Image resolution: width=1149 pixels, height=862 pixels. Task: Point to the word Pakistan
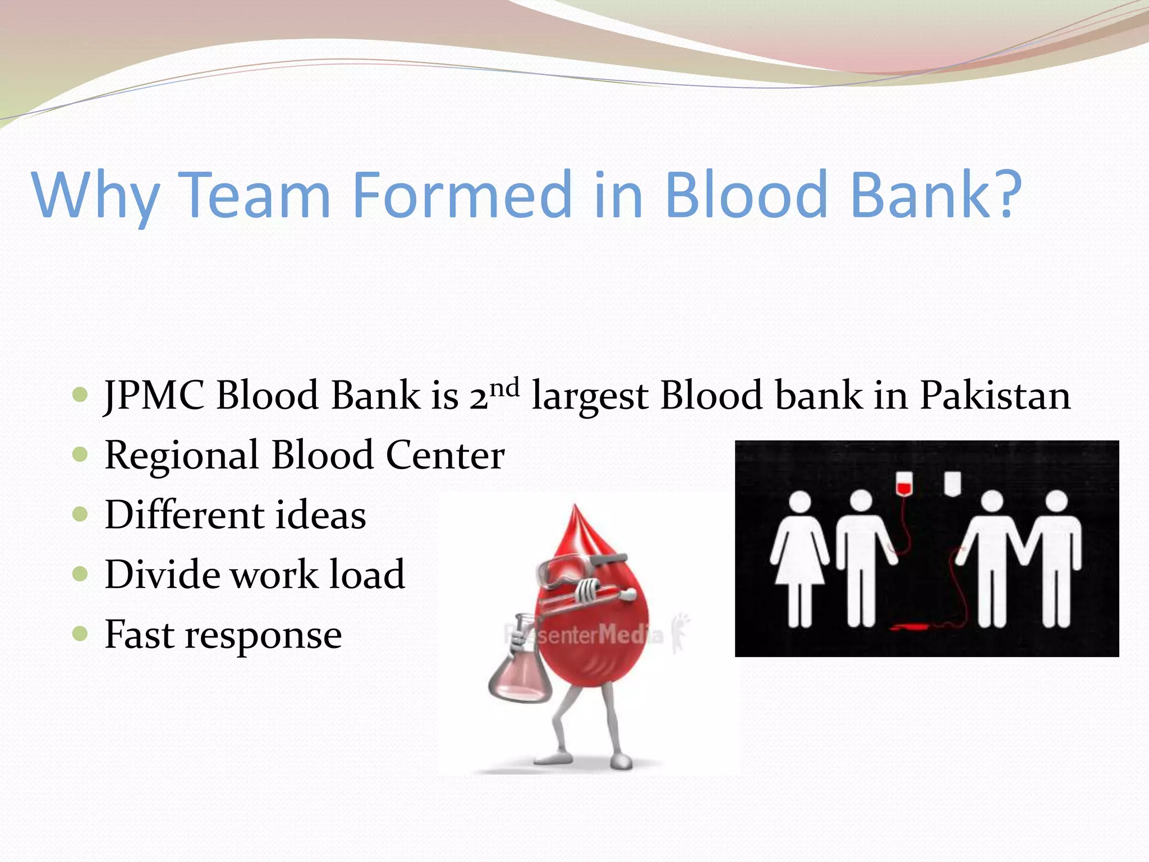(x=995, y=395)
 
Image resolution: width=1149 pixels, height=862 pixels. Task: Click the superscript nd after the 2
(x=504, y=387)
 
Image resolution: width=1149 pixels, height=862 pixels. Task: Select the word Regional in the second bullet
(x=181, y=455)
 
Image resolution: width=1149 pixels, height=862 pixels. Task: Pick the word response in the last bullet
(x=263, y=635)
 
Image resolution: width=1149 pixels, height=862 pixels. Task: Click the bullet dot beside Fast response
(x=81, y=634)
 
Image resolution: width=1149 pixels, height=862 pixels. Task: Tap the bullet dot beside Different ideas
(x=81, y=514)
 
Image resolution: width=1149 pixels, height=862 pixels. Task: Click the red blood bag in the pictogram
(x=903, y=484)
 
